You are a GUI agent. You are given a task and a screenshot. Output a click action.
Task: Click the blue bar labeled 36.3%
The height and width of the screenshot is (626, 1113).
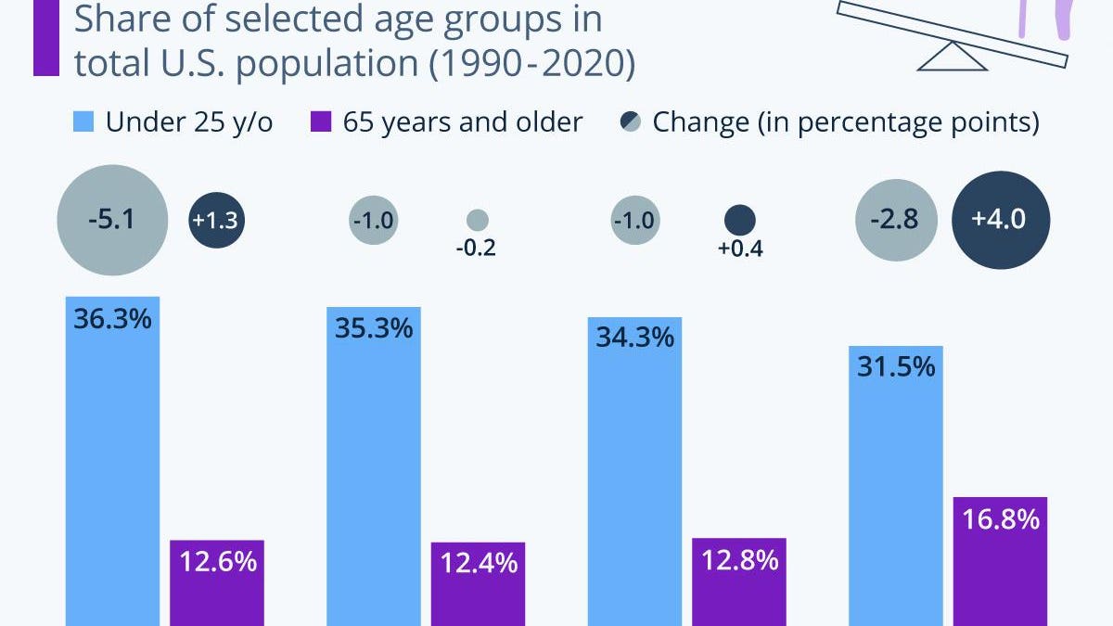tap(112, 464)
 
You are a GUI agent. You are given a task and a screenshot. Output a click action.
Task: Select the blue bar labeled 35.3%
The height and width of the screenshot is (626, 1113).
tap(374, 468)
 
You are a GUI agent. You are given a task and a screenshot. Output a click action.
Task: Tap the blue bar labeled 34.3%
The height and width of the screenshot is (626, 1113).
tap(635, 473)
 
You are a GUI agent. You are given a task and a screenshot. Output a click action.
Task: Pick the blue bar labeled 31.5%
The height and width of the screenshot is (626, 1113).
tap(896, 487)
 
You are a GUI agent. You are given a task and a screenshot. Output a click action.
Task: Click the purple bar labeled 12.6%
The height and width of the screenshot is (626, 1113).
tap(217, 584)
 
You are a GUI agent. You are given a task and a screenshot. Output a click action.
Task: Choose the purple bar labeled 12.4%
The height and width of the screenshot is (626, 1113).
tap(479, 586)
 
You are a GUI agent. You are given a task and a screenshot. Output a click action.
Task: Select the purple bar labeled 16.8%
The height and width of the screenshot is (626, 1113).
tap(1001, 562)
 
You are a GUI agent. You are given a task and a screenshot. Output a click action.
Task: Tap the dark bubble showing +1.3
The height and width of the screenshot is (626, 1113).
tap(217, 222)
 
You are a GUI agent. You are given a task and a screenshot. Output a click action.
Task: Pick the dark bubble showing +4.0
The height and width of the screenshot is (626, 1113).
tap(1001, 222)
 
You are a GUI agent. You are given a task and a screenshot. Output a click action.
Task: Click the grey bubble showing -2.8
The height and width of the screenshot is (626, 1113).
tap(896, 222)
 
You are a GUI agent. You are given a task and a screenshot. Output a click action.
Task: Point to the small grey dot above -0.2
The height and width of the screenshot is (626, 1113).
tap(478, 220)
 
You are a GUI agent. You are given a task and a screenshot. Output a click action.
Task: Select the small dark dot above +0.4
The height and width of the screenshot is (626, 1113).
tap(739, 220)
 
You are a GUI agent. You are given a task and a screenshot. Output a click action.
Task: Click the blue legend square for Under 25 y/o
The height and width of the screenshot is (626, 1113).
tap(83, 121)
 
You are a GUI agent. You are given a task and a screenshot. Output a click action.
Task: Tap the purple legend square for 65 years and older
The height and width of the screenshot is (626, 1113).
tap(321, 121)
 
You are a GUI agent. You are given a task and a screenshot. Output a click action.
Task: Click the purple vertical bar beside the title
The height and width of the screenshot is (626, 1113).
tap(46, 37)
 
